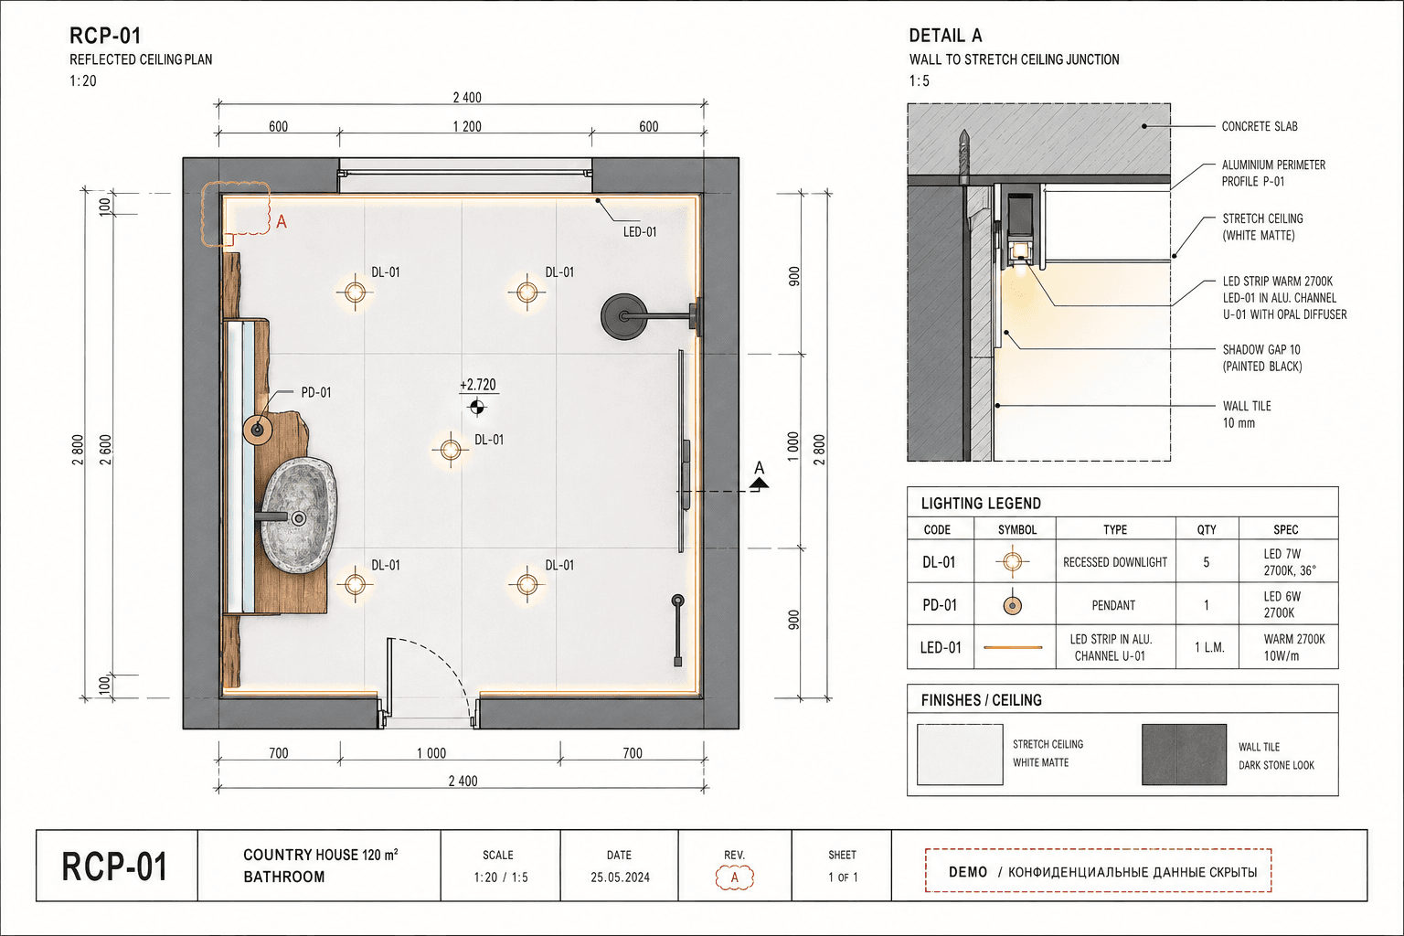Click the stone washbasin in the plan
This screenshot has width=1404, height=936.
click(299, 516)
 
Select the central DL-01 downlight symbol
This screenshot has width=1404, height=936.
click(450, 450)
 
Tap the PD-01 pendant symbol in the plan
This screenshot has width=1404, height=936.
click(257, 431)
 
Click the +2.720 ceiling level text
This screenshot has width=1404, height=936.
click(478, 384)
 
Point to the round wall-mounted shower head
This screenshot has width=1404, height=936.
click(624, 316)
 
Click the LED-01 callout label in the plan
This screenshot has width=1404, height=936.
click(639, 232)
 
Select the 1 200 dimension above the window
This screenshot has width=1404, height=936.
click(467, 126)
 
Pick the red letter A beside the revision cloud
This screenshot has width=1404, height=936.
click(282, 221)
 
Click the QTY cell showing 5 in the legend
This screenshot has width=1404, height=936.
click(1206, 562)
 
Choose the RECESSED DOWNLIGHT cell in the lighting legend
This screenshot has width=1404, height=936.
click(1115, 562)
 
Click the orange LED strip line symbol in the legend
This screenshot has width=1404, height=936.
click(1013, 647)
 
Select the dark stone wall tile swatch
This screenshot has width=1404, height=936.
click(1184, 754)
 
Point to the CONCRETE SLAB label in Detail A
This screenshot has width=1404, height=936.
click(1260, 126)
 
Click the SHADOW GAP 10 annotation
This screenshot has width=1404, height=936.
click(1261, 349)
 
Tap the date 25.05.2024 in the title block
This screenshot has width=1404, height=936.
click(619, 877)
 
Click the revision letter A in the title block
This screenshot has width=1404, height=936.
click(735, 877)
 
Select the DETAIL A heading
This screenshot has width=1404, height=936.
click(945, 36)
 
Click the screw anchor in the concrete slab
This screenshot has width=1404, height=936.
click(965, 156)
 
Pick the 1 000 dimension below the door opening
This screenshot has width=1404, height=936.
click(431, 753)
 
